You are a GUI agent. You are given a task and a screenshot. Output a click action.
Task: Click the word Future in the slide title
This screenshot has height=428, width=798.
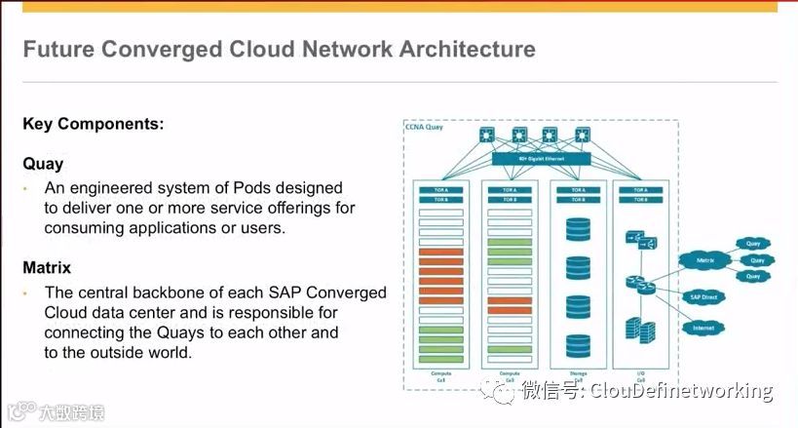click(x=57, y=49)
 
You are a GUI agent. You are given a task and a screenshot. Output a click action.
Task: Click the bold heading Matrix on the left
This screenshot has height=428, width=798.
click(x=47, y=266)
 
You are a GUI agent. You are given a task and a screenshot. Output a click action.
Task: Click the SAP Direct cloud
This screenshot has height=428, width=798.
click(x=703, y=296)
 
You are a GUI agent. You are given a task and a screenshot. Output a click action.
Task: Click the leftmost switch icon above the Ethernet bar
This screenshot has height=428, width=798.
click(x=487, y=135)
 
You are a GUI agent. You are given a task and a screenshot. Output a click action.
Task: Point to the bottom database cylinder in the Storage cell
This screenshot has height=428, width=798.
click(x=579, y=345)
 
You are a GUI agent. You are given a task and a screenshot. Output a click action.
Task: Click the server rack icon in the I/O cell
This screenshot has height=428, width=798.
click(x=639, y=329)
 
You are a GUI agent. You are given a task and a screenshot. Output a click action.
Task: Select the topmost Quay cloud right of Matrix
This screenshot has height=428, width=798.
click(x=753, y=244)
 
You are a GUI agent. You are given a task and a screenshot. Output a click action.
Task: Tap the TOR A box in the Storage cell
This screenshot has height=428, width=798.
click(x=579, y=190)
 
